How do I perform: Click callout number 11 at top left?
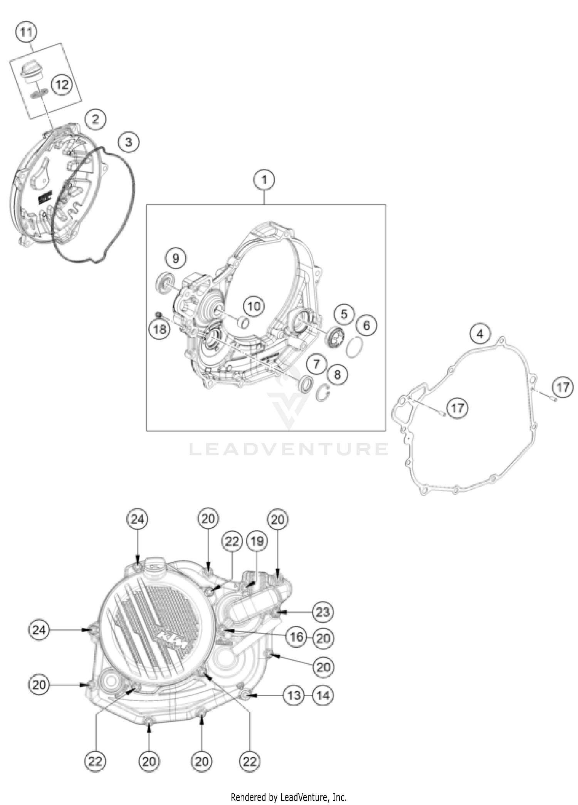[26, 32]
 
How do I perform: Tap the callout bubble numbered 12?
[62, 84]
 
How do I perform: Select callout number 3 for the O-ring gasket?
[128, 142]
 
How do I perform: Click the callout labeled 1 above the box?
[264, 180]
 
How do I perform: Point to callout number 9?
[176, 258]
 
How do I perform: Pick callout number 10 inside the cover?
[254, 307]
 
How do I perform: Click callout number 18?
[160, 329]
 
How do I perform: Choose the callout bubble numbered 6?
[366, 325]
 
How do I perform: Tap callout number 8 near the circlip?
[337, 374]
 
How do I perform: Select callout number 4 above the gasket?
[480, 333]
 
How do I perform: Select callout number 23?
[323, 612]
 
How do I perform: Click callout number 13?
[294, 696]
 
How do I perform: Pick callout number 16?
[296, 637]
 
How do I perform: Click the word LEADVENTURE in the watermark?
[289, 449]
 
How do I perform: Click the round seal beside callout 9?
[164, 285]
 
